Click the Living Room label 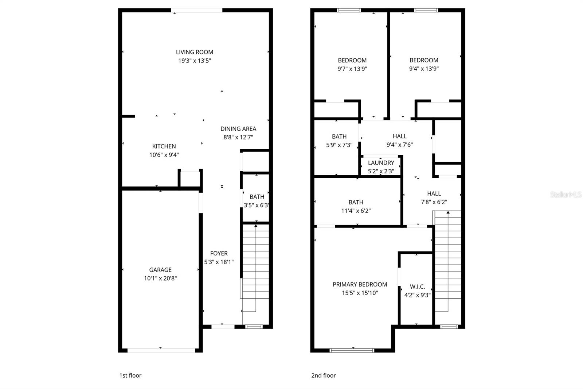pyautogui.click(x=195, y=52)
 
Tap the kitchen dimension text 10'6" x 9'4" pyautogui.click(x=164, y=155)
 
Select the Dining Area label pyautogui.click(x=238, y=129)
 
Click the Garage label pyautogui.click(x=160, y=270)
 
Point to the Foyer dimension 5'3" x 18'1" pyautogui.click(x=219, y=262)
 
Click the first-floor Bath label pyautogui.click(x=257, y=197)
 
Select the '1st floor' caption pyautogui.click(x=130, y=375)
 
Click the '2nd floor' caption pyautogui.click(x=323, y=375)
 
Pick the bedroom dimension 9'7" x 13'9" pyautogui.click(x=352, y=69)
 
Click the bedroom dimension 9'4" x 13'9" pyautogui.click(x=424, y=69)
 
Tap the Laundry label pyautogui.click(x=381, y=163)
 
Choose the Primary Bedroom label pyautogui.click(x=360, y=284)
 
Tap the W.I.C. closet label pyautogui.click(x=417, y=287)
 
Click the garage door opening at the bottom pyautogui.click(x=161, y=350)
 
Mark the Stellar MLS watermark pyautogui.click(x=566, y=194)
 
